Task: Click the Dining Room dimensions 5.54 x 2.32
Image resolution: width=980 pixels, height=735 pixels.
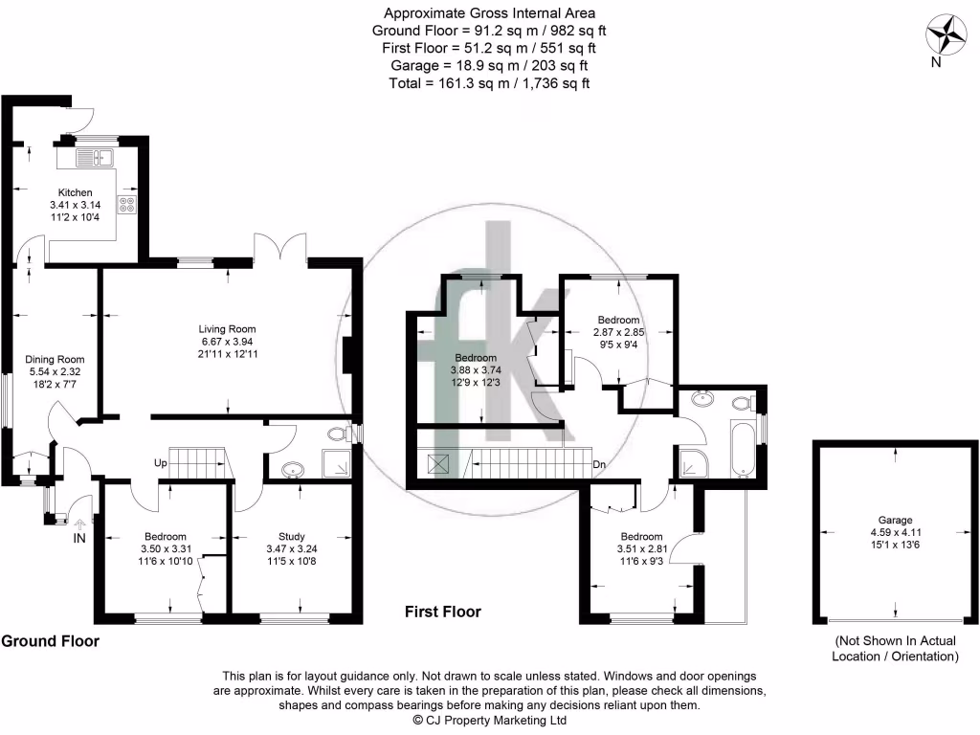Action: coord(55,373)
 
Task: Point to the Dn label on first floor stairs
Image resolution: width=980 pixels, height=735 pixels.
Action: coord(599,465)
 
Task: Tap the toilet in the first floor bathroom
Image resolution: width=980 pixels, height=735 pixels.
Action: coord(741,404)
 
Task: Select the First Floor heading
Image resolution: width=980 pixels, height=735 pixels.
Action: coord(442,612)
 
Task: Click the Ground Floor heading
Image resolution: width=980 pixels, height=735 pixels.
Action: coord(50,640)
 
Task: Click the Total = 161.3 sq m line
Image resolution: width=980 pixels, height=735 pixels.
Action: coord(489,83)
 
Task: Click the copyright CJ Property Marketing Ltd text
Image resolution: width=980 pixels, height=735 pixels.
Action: coord(489,720)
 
